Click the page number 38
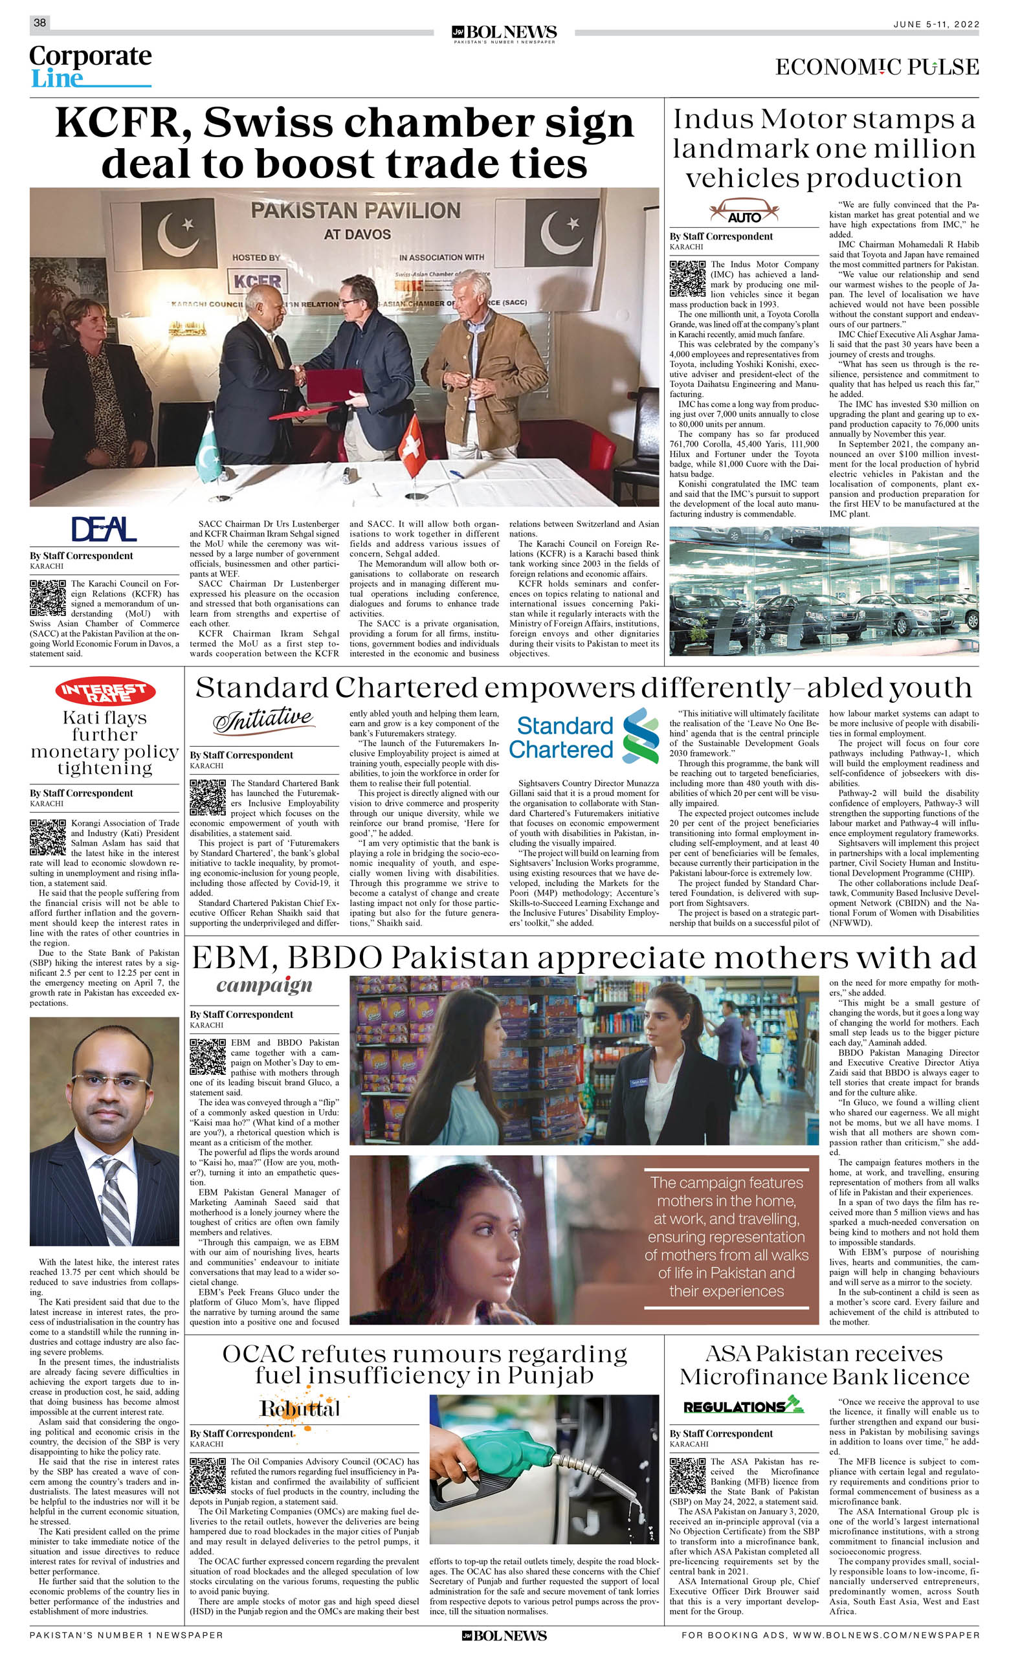pos(39,23)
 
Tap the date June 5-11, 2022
pos(936,24)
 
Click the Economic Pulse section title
pos(876,67)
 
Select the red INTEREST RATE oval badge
pos(105,691)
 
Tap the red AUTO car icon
pos(744,211)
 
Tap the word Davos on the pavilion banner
pos(357,234)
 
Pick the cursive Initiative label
pos(263,720)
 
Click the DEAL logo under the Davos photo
pos(104,529)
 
